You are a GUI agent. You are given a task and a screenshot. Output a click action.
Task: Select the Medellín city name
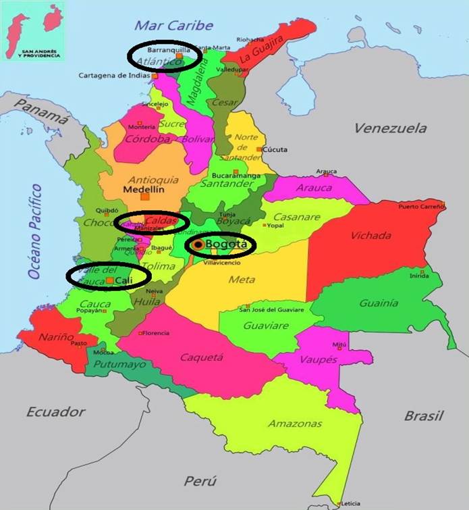[x=141, y=190]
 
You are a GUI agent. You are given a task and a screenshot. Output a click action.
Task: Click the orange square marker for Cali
[x=109, y=280]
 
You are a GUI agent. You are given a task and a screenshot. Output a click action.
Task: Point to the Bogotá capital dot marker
[x=198, y=245]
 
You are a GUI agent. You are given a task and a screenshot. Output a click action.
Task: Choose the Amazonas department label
[x=294, y=424]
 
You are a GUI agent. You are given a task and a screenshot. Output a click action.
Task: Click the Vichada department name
[x=370, y=236]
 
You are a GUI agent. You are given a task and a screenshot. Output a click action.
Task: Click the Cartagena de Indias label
[x=115, y=76]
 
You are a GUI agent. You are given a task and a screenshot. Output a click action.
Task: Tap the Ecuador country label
[x=56, y=411]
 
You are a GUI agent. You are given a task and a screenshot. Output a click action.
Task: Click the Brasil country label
[x=424, y=415]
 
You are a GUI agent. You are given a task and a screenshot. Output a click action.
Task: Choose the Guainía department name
[x=379, y=303]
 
